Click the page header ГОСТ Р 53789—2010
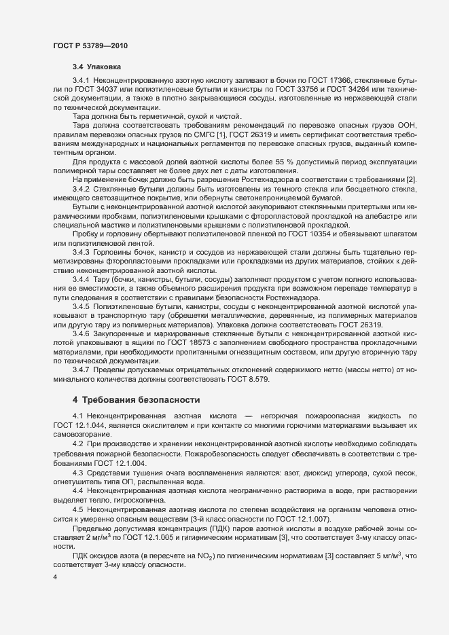coord(90,46)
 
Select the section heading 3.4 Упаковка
coord(97,67)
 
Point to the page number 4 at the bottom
coord(55,577)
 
